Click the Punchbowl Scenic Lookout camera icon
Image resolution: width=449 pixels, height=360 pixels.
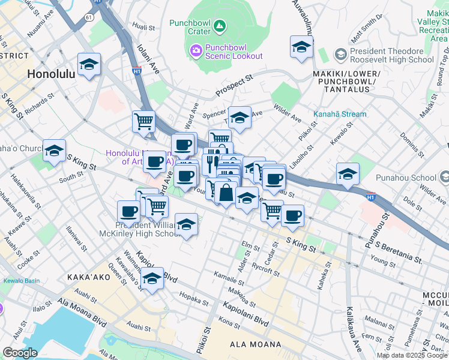196,50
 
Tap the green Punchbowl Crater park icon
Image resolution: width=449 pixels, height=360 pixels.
220,25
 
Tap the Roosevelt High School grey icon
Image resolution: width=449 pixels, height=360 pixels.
340,55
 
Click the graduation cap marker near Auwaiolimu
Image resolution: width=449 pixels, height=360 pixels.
301,47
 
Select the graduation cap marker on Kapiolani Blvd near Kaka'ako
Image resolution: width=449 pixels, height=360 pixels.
152,279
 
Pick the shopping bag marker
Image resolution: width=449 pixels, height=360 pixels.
226,194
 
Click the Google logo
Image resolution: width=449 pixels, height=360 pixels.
20,353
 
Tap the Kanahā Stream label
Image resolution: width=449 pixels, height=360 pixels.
340,115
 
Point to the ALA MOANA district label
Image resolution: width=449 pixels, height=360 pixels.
256,344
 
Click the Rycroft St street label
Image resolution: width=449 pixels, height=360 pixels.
266,268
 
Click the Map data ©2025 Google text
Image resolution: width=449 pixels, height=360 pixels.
411,355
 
